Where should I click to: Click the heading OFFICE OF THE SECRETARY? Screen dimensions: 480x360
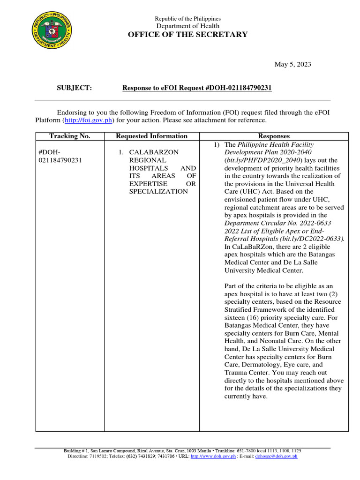coord(187,34)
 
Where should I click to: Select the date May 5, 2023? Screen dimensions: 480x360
coord(292,64)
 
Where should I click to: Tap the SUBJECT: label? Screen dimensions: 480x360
coord(75,88)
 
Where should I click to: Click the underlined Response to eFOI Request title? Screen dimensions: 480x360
coord(197,88)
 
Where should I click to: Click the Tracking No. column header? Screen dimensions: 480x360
coord(69,136)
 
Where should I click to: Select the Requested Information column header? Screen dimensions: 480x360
coord(151,136)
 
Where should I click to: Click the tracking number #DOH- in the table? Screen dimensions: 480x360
coord(49,152)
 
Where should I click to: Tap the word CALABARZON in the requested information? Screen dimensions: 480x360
coord(153,152)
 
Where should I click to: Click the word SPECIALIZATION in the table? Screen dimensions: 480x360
coord(158,191)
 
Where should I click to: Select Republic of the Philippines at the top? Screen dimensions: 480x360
coord(187,18)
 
